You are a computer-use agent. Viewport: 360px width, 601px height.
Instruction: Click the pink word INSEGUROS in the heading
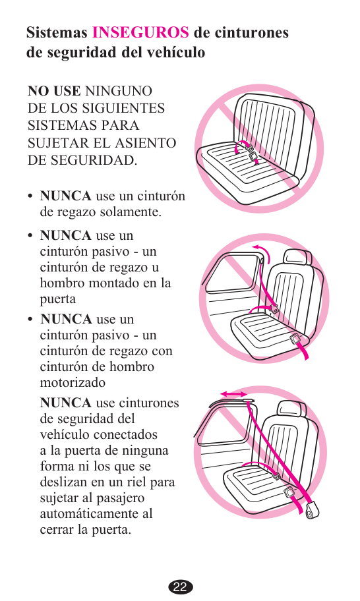(140, 32)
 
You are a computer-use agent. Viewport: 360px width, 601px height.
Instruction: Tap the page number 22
(180, 587)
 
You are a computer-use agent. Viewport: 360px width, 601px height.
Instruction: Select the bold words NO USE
(54, 91)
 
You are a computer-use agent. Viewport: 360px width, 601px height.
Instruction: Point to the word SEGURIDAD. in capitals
(82, 160)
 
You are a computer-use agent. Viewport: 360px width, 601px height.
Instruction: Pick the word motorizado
(73, 382)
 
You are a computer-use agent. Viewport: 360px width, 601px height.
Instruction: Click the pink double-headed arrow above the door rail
(233, 394)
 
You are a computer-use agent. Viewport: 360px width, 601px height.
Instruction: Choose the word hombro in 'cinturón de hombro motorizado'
(131, 367)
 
